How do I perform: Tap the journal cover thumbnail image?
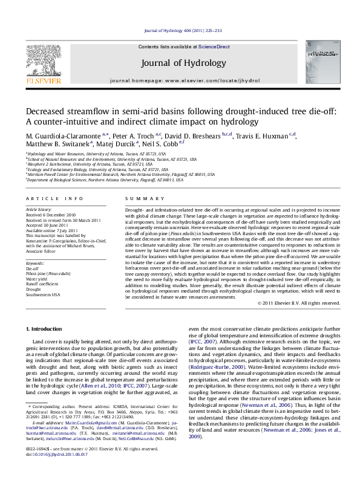[319, 63]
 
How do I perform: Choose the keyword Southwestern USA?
[43, 294]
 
